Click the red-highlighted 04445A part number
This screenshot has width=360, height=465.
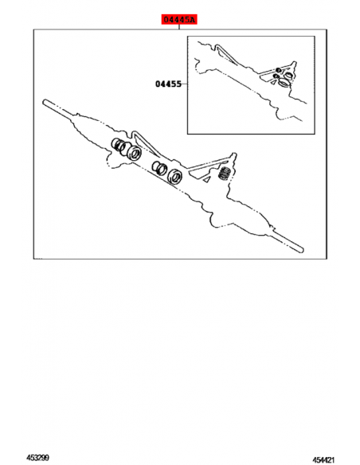[x=179, y=20]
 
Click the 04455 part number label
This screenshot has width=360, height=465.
[x=168, y=84]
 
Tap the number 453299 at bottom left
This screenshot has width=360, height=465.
[x=37, y=458]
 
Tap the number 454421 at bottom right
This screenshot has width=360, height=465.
[x=323, y=460]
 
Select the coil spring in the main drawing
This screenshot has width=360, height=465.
[x=225, y=173]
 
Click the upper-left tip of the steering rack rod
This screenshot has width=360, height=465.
[x=44, y=101]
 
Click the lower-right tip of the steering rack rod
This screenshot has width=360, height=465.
[x=302, y=250]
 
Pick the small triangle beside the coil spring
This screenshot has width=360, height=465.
[x=207, y=179]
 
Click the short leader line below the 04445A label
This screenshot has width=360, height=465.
[x=179, y=27]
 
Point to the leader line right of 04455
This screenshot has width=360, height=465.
[x=184, y=84]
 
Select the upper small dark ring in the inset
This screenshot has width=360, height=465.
[x=278, y=70]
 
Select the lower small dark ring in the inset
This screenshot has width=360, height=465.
[x=276, y=76]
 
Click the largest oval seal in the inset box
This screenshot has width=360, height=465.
[x=284, y=83]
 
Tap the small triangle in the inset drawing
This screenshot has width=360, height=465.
[x=272, y=83]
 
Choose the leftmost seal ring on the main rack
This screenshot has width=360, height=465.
[x=116, y=144]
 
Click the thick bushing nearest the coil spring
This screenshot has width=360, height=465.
[x=174, y=177]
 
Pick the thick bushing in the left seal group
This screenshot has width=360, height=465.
[x=134, y=153]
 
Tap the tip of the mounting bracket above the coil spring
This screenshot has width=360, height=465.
[x=234, y=154]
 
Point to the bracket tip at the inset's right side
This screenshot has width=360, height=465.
[x=294, y=63]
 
